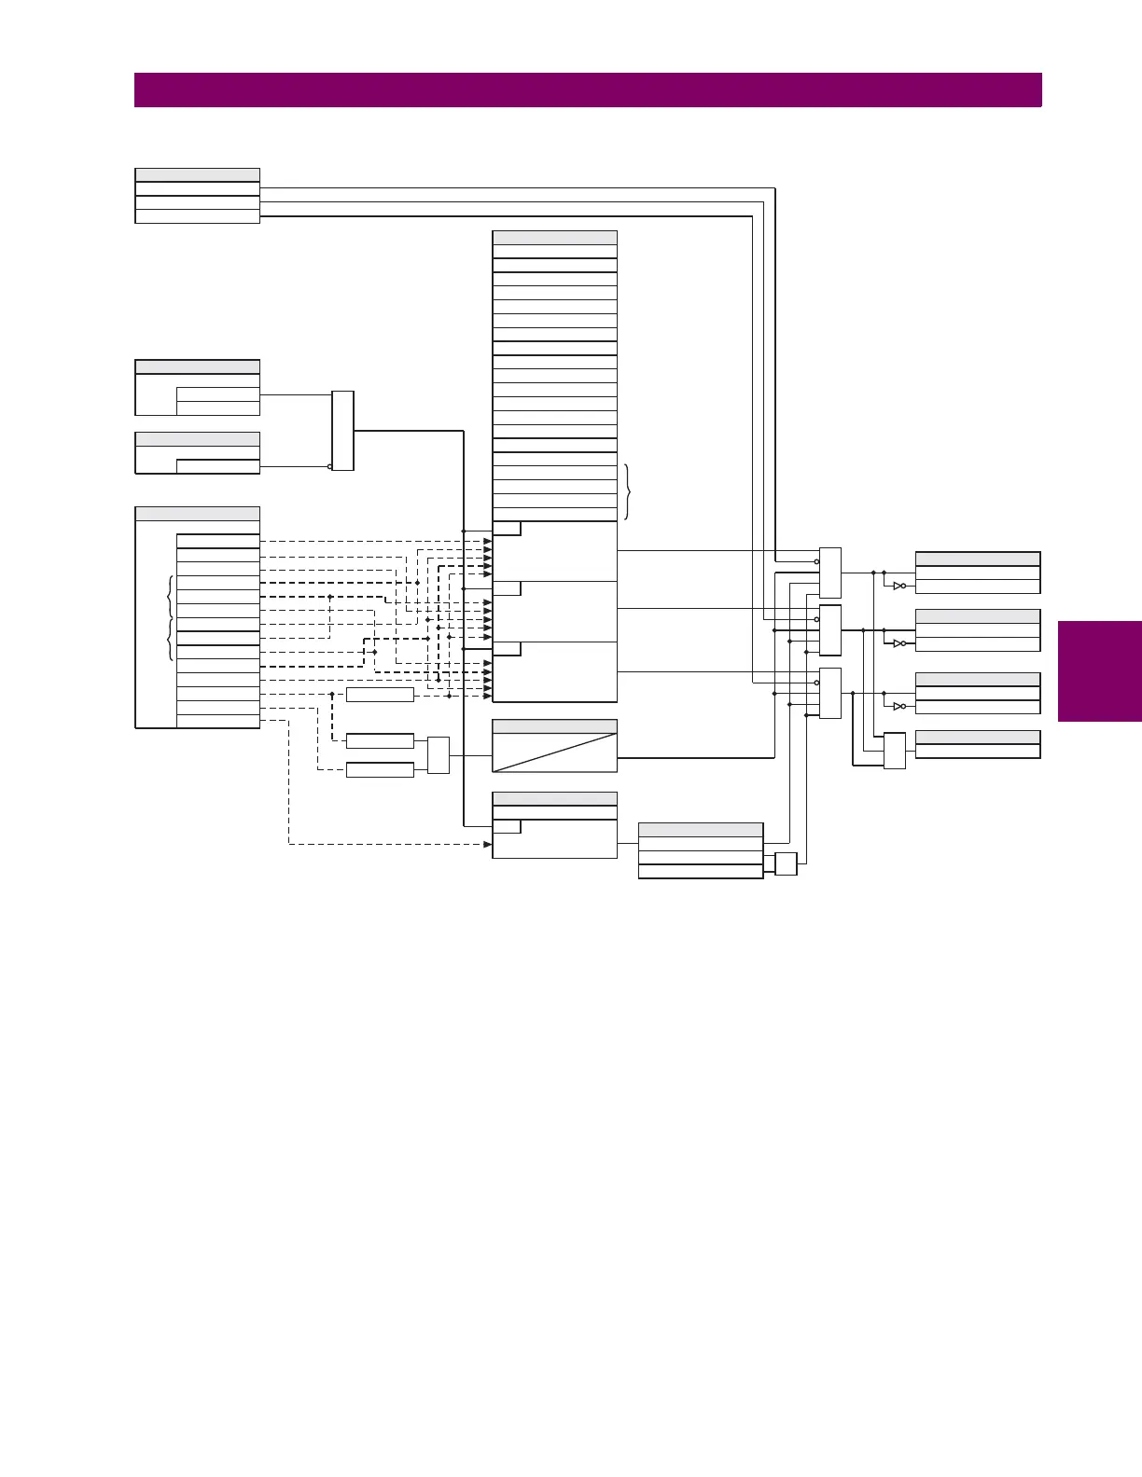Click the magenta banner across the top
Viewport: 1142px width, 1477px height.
(588, 90)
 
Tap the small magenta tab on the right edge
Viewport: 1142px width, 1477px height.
(1100, 671)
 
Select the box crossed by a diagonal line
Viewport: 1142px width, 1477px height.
(554, 752)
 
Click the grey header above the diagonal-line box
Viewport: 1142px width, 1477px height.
(554, 726)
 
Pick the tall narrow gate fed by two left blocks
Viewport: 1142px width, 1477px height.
(342, 431)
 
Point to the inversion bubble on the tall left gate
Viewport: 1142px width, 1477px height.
(329, 466)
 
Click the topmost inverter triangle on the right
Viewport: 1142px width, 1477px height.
(898, 587)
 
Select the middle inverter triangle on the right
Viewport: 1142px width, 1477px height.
(898, 643)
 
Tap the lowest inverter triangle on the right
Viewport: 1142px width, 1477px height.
(898, 706)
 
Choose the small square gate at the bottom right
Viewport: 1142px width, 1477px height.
(786, 863)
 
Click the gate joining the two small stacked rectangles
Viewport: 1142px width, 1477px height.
(439, 755)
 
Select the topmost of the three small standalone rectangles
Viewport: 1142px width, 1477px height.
(380, 695)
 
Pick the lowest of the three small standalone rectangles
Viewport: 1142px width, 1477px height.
(380, 770)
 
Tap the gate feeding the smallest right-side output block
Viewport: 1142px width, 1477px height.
(894, 751)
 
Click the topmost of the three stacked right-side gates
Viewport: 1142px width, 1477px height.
(829, 573)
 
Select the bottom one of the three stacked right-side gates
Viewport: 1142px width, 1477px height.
(829, 693)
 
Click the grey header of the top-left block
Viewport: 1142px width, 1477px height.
(197, 174)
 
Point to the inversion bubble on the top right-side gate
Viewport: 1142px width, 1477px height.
(816, 561)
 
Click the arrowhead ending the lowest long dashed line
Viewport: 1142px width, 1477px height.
(487, 844)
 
